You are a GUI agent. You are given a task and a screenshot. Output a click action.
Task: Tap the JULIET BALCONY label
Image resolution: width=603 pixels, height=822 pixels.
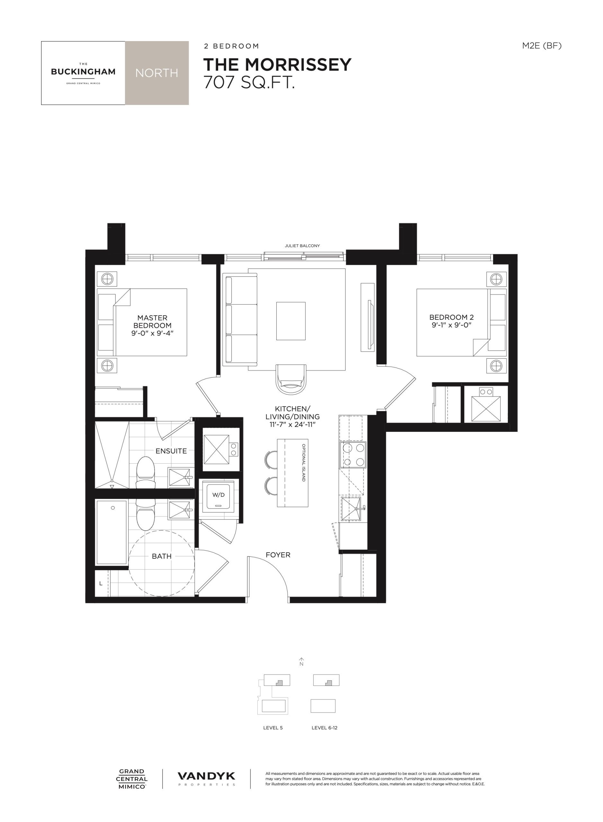pos(302,246)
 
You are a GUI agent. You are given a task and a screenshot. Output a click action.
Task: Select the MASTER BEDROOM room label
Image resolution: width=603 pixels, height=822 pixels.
pos(152,321)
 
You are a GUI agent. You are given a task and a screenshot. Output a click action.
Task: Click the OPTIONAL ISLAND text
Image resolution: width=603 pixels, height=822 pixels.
pos(303,463)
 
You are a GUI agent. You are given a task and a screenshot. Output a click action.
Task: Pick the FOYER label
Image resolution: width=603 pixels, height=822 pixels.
pos(278,555)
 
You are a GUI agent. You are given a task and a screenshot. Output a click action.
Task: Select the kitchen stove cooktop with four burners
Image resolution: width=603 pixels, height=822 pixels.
pos(353,455)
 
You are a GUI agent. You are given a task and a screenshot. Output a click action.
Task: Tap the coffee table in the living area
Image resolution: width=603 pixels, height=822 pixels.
pos(291,321)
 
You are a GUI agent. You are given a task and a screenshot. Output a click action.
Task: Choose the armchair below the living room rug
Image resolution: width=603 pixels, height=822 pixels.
pos(291,379)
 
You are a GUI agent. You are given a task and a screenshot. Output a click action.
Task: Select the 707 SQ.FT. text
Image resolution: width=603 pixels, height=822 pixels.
pos(249,83)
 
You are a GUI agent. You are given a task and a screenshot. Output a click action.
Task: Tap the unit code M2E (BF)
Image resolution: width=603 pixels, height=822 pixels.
pos(542,46)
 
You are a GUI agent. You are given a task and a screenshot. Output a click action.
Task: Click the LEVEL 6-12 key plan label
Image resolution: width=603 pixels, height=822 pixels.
pos(324,728)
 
